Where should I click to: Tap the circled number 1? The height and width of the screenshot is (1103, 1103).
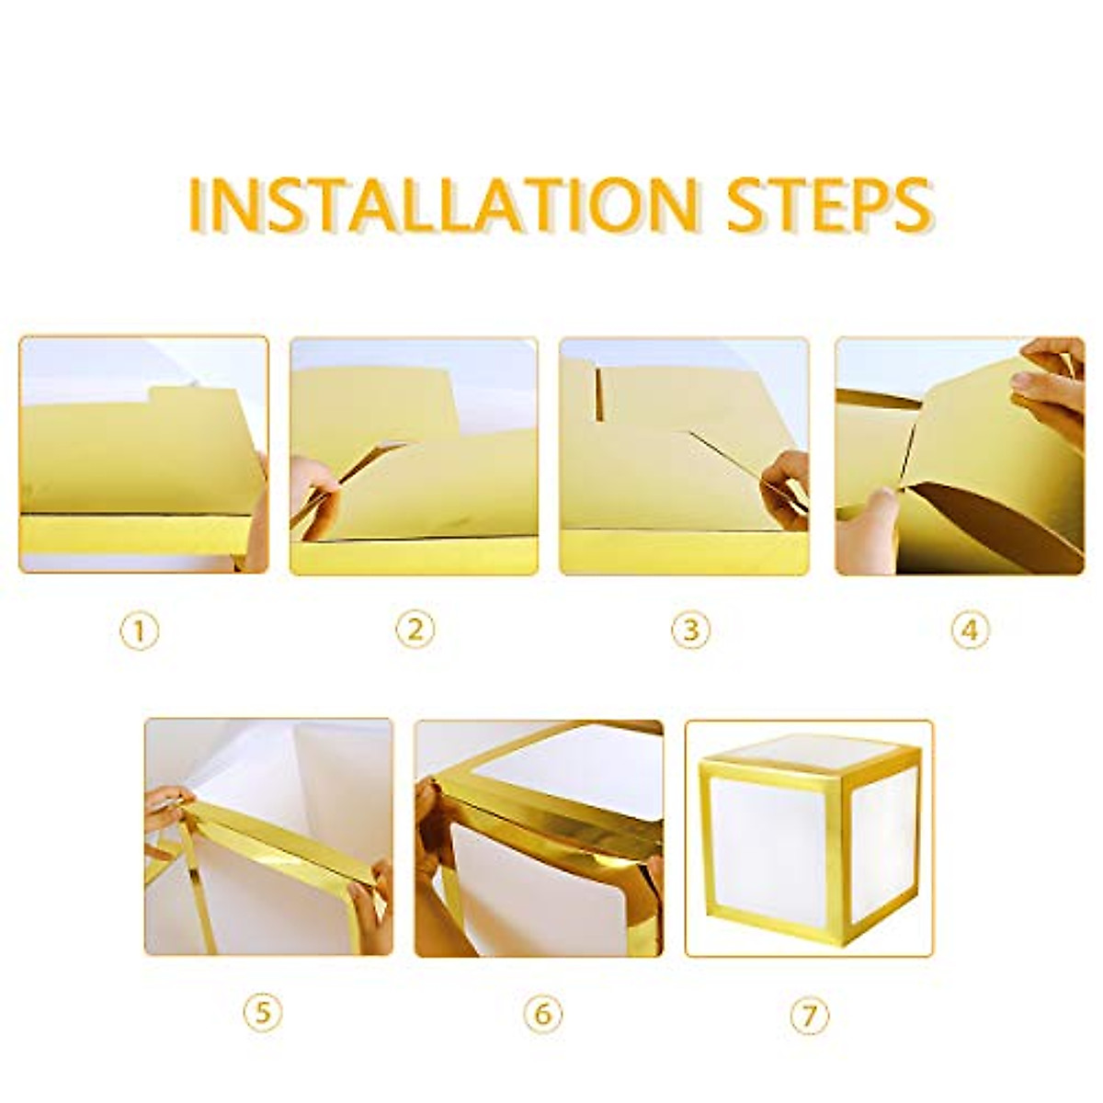(140, 631)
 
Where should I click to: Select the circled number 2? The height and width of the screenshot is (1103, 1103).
(415, 631)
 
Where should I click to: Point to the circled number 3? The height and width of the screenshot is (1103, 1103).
(690, 631)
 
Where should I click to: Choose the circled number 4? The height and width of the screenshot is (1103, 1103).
(970, 631)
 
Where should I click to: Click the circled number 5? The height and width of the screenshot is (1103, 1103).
(263, 1013)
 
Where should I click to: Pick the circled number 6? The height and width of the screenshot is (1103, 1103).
(542, 1013)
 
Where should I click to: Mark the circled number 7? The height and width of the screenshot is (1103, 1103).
(809, 1013)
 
